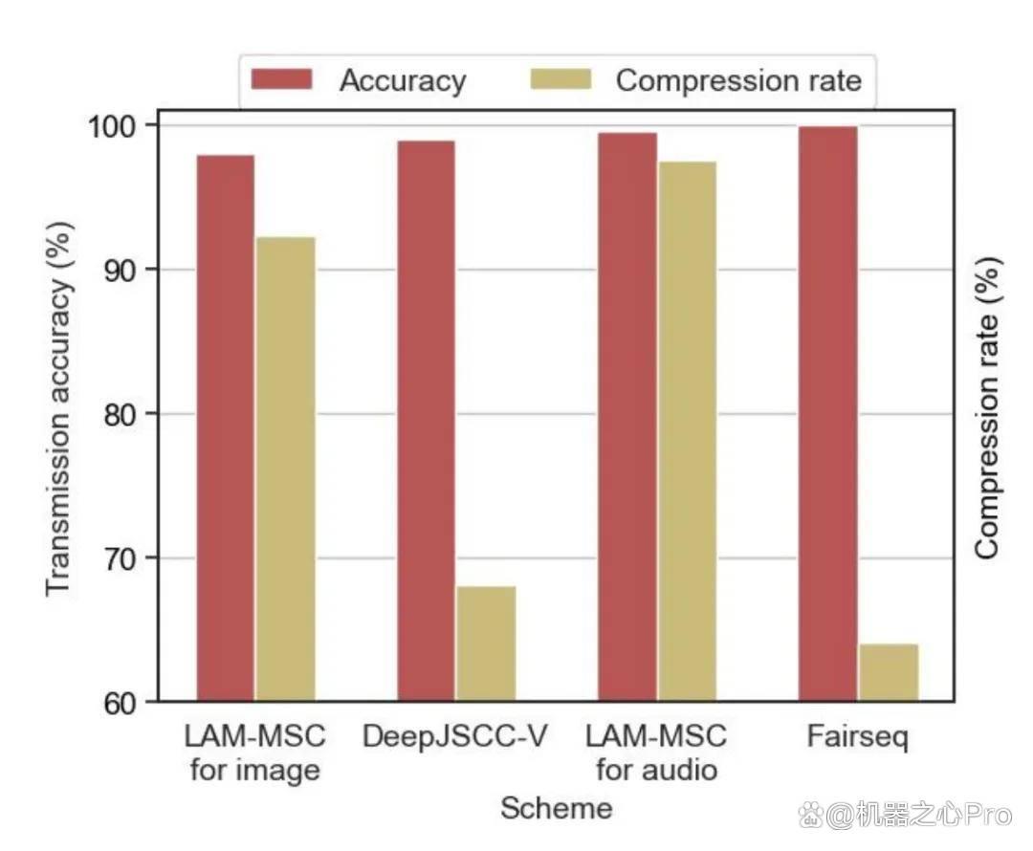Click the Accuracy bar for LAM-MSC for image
pyautogui.click(x=226, y=428)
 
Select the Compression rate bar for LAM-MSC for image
pyautogui.click(x=286, y=469)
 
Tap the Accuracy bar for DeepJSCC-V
pyautogui.click(x=426, y=421)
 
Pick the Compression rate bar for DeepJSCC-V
pyautogui.click(x=486, y=644)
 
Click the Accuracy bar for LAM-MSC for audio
pyautogui.click(x=627, y=417)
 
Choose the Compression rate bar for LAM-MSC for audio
pyautogui.click(x=688, y=431)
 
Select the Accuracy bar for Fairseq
pyautogui.click(x=828, y=414)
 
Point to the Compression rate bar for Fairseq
pyautogui.click(x=889, y=672)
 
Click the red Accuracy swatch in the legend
pyautogui.click(x=281, y=79)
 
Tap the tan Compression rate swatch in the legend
pyautogui.click(x=560, y=79)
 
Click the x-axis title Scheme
pyautogui.click(x=557, y=808)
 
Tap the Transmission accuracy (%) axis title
pyautogui.click(x=58, y=408)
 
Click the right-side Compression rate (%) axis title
pyautogui.click(x=987, y=408)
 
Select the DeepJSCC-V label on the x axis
pyautogui.click(x=454, y=736)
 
